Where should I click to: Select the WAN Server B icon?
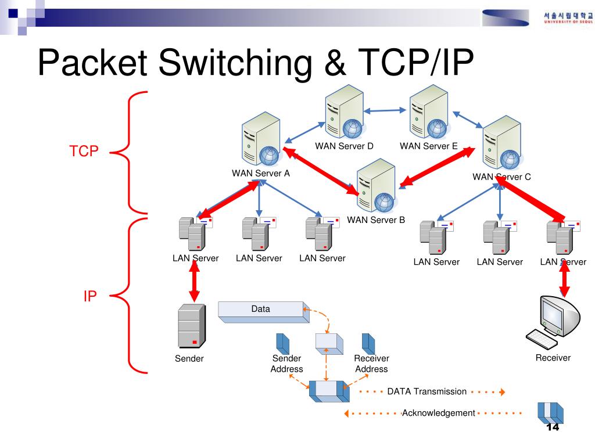point(376,185)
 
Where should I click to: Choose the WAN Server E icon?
point(428,111)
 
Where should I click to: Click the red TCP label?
point(84,152)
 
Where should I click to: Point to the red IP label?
point(90,296)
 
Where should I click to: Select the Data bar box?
point(261,310)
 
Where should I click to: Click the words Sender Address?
point(286,364)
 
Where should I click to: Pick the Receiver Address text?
point(371,364)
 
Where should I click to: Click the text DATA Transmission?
point(427,391)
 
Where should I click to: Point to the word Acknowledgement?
point(439,413)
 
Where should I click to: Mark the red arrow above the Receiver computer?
point(563,282)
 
